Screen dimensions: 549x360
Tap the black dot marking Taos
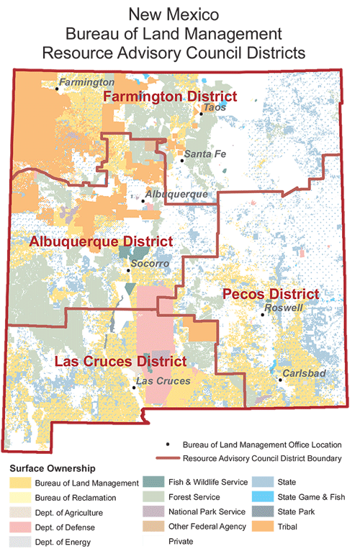(202, 113)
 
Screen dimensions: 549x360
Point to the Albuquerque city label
(176, 195)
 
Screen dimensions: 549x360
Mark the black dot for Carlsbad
(279, 380)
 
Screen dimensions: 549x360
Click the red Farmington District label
(170, 97)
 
